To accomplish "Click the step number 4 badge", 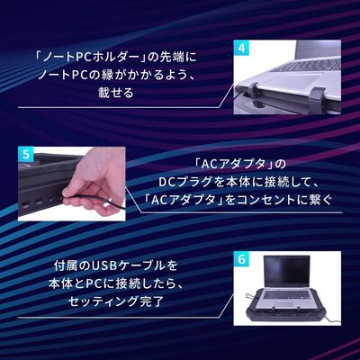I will [x=241, y=47].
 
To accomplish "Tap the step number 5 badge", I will [x=26, y=153].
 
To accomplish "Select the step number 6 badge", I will [x=240, y=258].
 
